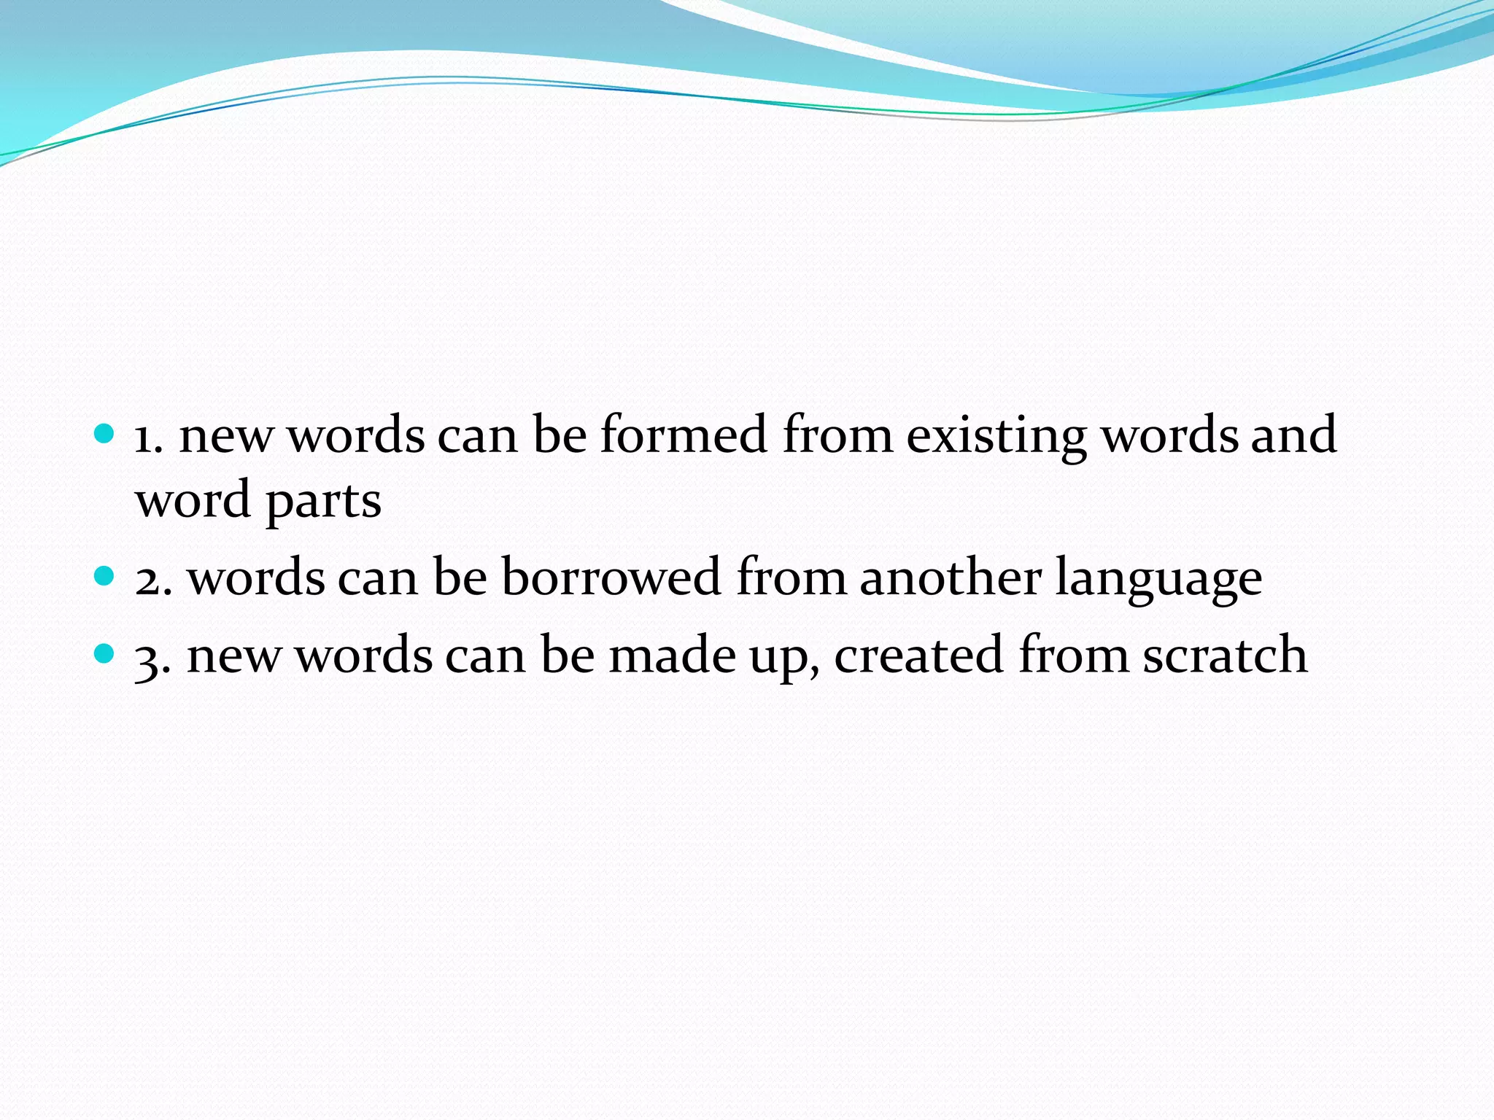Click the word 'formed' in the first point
coord(684,435)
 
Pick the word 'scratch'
coord(1225,654)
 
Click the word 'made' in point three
coord(672,654)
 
